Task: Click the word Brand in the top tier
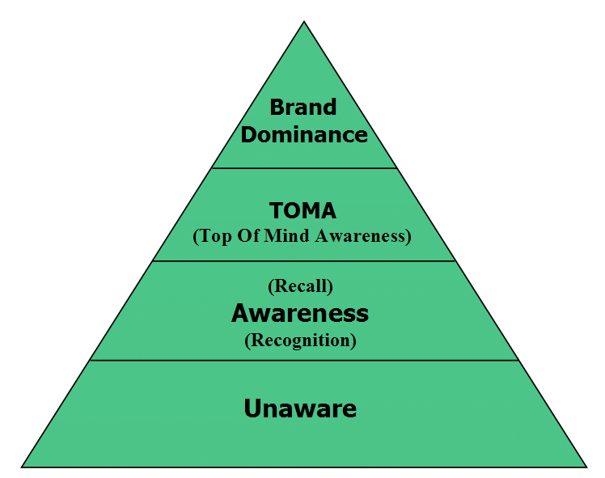[x=303, y=107]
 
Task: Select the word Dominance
[x=303, y=134]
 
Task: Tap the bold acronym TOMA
[x=303, y=211]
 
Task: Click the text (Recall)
[x=300, y=286]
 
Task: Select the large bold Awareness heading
[x=300, y=312]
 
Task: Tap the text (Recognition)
[x=300, y=340]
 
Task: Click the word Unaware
[x=300, y=408]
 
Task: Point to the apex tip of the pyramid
[x=304, y=23]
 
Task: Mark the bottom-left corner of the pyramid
[x=23, y=467]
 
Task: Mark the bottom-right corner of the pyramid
[x=586, y=467]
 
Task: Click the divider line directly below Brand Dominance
[x=304, y=168]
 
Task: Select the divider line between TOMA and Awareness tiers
[x=304, y=261]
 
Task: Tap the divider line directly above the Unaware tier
[x=304, y=361]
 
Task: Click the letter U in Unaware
[x=252, y=408]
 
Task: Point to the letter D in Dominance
[x=248, y=134]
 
